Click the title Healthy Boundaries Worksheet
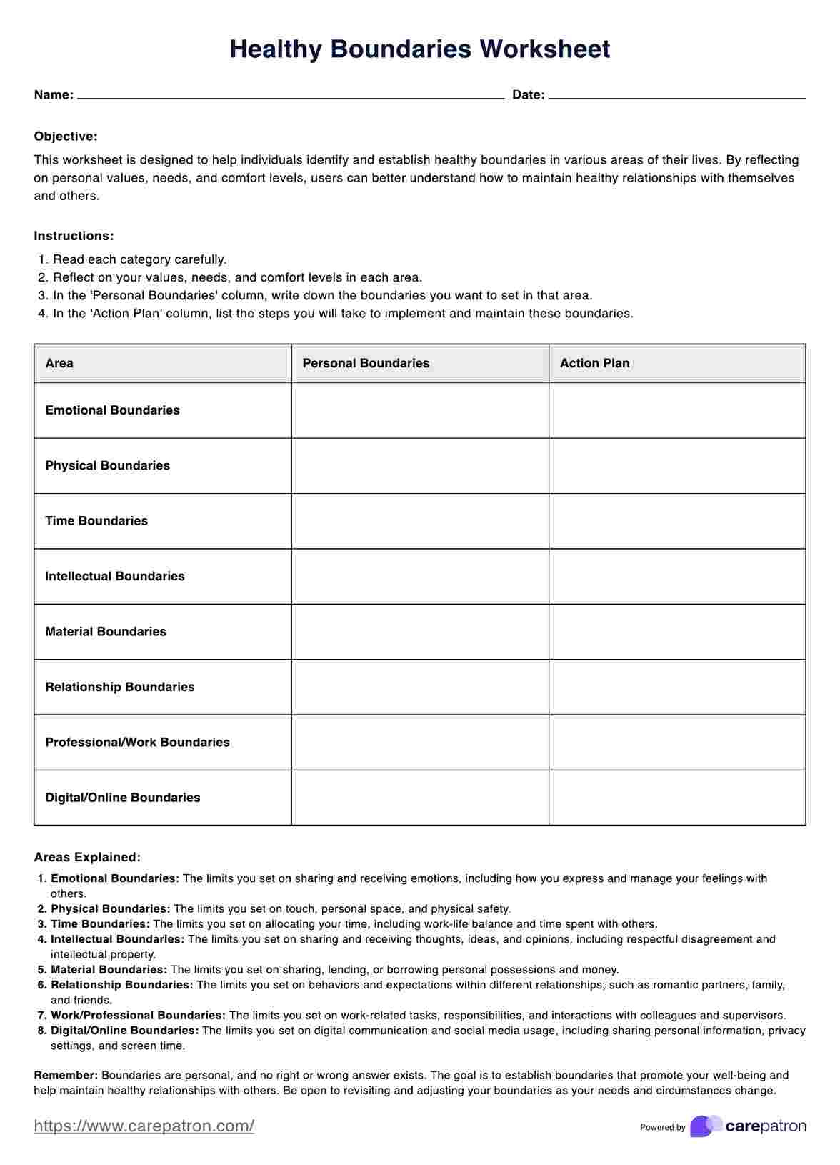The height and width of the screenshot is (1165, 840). tap(420, 49)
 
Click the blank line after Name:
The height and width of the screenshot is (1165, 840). tap(291, 96)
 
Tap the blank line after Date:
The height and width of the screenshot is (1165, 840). tap(676, 96)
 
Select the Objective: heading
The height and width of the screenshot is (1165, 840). tap(66, 137)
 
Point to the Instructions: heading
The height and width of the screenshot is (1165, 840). tap(74, 236)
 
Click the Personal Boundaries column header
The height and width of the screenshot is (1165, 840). tap(366, 363)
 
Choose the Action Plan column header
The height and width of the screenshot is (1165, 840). tap(594, 363)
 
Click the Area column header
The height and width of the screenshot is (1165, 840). tap(59, 363)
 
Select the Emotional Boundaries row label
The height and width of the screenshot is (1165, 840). tap(112, 410)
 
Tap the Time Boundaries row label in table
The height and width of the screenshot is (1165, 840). tap(96, 521)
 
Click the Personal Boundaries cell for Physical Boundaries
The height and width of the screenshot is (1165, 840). tap(420, 466)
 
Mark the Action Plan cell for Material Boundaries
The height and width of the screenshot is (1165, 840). tap(677, 632)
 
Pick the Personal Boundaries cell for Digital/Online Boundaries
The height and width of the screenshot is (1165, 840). tap(420, 798)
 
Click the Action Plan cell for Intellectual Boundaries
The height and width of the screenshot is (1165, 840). tap(677, 577)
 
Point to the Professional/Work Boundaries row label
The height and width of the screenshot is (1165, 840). tap(137, 743)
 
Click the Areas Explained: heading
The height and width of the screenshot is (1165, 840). tap(87, 857)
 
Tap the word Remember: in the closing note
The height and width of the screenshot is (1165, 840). tap(66, 1075)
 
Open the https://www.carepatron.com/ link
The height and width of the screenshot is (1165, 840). tap(144, 1126)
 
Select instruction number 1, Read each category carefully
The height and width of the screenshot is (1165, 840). tap(139, 259)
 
